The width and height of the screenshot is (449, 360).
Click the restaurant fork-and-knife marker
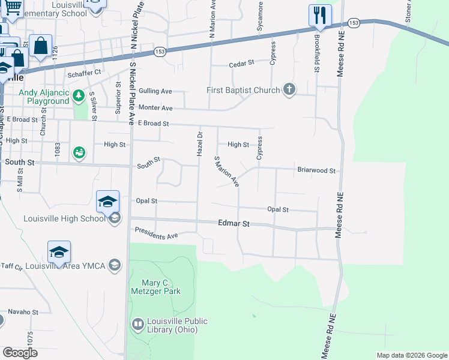(x=320, y=15)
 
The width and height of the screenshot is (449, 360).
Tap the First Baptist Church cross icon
(x=289, y=91)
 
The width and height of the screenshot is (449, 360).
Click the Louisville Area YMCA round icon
(x=115, y=265)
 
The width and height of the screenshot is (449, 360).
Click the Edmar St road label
(x=233, y=223)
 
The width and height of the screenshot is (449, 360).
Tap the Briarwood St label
(x=316, y=170)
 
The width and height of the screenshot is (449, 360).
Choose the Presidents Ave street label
(x=157, y=233)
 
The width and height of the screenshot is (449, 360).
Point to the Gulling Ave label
(x=155, y=91)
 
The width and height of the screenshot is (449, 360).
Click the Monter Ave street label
(x=155, y=108)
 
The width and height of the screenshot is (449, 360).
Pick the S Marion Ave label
(x=227, y=172)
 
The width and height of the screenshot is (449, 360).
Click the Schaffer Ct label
(x=85, y=73)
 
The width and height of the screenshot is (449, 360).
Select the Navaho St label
(x=23, y=312)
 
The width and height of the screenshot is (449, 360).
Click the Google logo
(x=20, y=353)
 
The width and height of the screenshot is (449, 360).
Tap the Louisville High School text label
(x=64, y=218)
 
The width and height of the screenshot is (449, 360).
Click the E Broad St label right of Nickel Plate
(x=154, y=124)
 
